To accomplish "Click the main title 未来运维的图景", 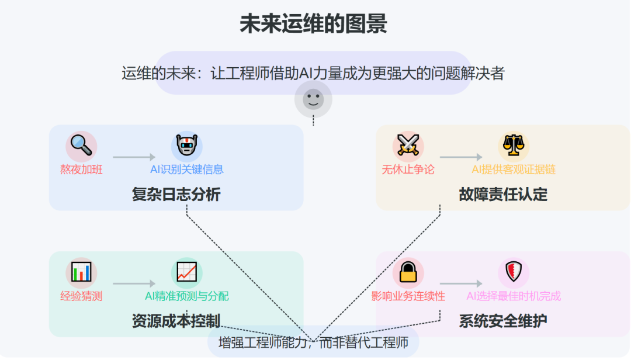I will (x=313, y=25).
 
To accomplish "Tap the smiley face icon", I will (x=313, y=99).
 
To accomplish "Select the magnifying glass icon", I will (x=81, y=146).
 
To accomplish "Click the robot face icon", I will (x=187, y=146).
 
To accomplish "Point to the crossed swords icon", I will (x=408, y=146).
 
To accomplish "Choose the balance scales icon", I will (x=514, y=146).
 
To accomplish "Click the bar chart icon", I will (x=81, y=272).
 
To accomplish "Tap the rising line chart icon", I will (x=187, y=272).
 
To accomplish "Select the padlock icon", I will (x=408, y=272).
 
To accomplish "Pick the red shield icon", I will (x=514, y=272).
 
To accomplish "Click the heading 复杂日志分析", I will (x=176, y=195).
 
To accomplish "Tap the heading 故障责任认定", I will (x=503, y=195).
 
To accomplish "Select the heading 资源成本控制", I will (x=176, y=321).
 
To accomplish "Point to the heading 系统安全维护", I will (x=503, y=321).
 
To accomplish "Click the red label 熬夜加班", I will (x=81, y=170).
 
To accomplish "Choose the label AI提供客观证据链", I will (x=514, y=170).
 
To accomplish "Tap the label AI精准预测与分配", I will (x=187, y=296).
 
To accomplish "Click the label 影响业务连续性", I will (x=408, y=296).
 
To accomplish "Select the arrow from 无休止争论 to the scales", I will (x=461, y=157).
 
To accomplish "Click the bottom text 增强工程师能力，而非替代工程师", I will (x=313, y=342).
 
